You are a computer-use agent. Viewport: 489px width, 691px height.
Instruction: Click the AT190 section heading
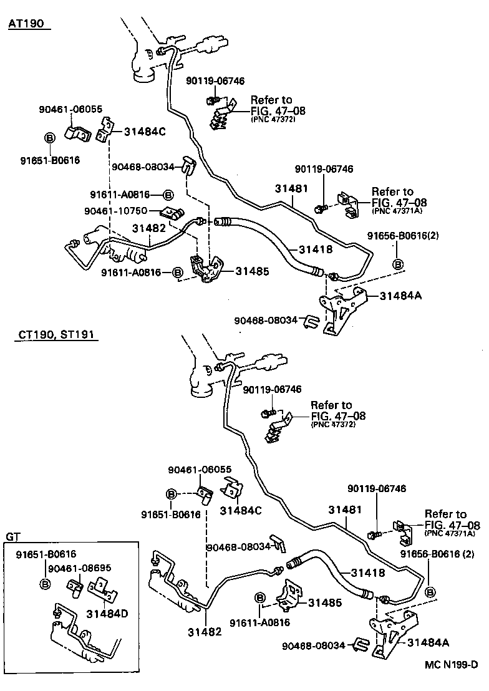click(29, 24)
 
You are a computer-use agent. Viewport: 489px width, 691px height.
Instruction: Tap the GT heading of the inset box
click(13, 536)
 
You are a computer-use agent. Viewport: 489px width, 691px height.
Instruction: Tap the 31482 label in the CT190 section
click(204, 632)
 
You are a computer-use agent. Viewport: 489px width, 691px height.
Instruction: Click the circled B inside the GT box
click(45, 584)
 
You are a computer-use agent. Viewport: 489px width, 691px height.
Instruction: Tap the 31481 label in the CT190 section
click(345, 510)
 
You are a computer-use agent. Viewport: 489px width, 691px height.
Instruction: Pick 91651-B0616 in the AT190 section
click(49, 160)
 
